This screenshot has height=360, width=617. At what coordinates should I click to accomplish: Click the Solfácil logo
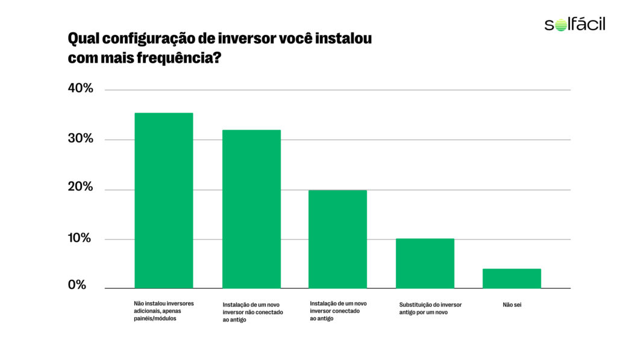[x=574, y=25]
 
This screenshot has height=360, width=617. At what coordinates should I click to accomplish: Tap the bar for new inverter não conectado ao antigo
[x=251, y=209]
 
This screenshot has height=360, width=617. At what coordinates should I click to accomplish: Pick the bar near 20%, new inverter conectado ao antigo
[x=337, y=239]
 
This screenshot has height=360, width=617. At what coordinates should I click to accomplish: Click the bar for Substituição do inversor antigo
[x=425, y=264]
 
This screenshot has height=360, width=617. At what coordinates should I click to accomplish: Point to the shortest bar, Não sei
[x=512, y=278]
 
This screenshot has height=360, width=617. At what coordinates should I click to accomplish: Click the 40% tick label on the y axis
[x=81, y=89]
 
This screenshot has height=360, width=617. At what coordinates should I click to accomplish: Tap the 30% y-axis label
[x=81, y=139]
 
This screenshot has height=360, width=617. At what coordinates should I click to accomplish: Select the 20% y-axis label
[x=81, y=188]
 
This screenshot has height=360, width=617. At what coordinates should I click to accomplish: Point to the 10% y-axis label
[x=81, y=238]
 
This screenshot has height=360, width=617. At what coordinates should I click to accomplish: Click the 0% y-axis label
[x=78, y=285]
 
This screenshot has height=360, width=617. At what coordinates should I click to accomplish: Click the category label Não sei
[x=512, y=305]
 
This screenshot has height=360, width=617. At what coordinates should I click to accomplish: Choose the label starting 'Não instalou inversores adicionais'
[x=163, y=311]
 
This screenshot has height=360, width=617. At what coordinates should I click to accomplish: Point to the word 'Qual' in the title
[x=82, y=39]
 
